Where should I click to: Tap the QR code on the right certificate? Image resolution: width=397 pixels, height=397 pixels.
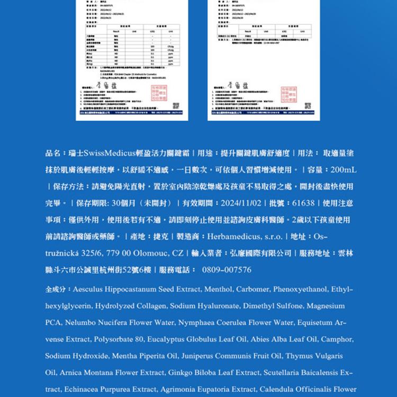point(309,106)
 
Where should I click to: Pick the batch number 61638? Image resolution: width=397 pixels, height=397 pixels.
point(303,203)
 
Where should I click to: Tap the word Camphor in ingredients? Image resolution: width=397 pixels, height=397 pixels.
point(337,339)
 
